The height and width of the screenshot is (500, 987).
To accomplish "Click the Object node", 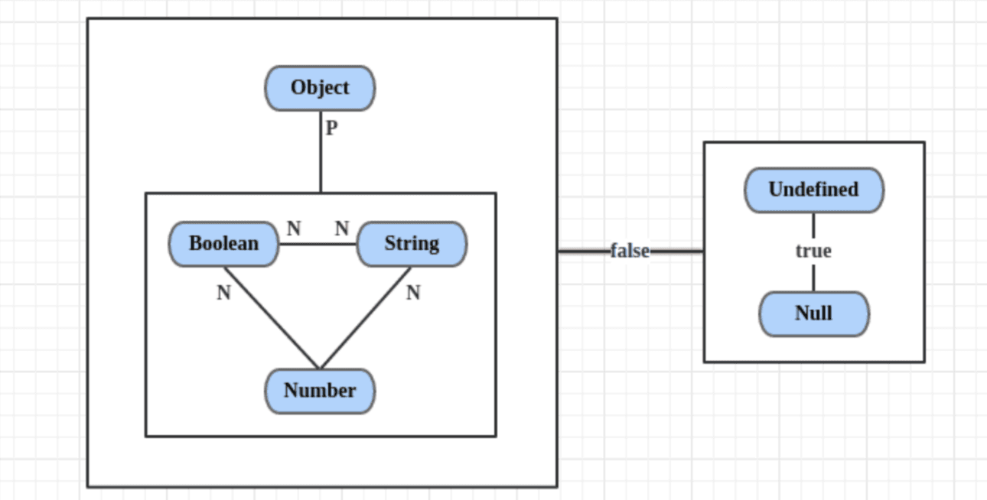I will coord(320,88).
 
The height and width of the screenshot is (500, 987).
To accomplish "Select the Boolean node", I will coord(223,245).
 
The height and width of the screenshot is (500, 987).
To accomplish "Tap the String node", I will coord(412,245).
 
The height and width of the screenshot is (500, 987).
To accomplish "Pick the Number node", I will coord(320,391).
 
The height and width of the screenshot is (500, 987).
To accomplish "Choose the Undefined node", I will coord(813,190).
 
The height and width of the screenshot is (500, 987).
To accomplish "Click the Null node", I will coord(813,313).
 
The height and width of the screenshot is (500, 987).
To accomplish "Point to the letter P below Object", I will coord(331,128).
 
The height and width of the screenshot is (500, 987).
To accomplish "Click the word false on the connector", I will coord(630,251).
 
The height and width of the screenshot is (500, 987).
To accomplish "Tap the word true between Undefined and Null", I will coord(813,251).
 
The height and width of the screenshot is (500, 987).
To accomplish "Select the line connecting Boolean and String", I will coord(318,245).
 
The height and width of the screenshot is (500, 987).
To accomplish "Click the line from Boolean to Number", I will coord(272,317).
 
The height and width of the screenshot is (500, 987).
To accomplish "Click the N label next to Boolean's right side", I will coord(294,229).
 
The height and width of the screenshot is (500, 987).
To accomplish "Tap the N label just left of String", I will coord(342,229).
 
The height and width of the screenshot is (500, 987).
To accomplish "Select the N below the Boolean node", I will coord(223,293).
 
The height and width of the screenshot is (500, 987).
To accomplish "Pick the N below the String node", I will coord(413,293).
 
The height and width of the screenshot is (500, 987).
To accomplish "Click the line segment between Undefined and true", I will coord(813,226).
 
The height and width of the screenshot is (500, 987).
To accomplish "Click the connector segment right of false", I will coord(677,251).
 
